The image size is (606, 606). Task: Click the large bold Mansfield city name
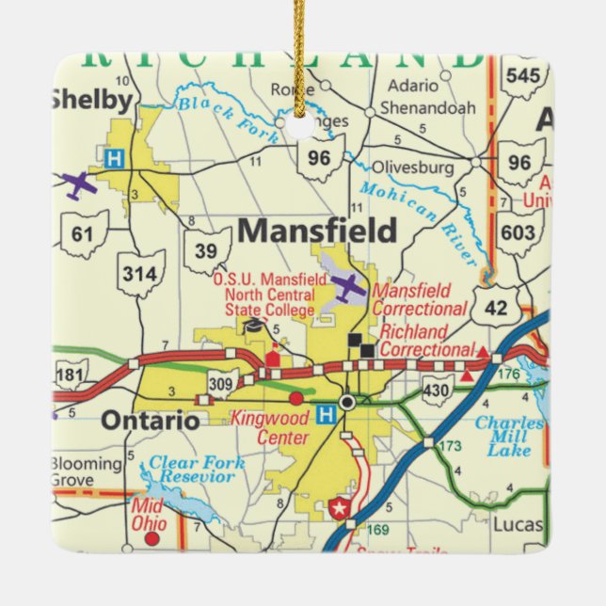317,231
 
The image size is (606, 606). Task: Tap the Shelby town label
90,100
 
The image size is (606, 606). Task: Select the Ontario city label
150,421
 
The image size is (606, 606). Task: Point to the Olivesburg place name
413,167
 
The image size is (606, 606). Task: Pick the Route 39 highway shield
207,250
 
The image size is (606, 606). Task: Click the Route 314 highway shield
141,274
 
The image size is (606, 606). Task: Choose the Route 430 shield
437,390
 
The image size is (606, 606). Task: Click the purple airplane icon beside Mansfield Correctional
347,287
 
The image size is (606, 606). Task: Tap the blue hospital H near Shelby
114,158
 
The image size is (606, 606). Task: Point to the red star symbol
340,510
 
